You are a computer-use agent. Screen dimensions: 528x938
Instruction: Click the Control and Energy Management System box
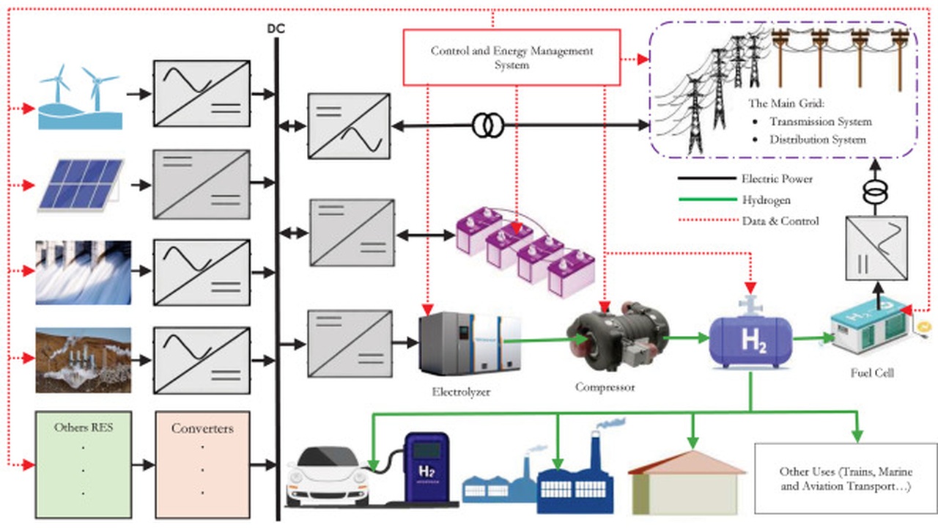[x=512, y=57]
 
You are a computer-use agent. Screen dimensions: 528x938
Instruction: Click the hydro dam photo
[x=83, y=272]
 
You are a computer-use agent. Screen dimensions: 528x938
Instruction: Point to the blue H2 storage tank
[x=751, y=338]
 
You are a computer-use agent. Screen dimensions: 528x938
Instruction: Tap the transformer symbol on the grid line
[x=487, y=126]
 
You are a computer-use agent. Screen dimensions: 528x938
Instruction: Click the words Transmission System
[x=820, y=122]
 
